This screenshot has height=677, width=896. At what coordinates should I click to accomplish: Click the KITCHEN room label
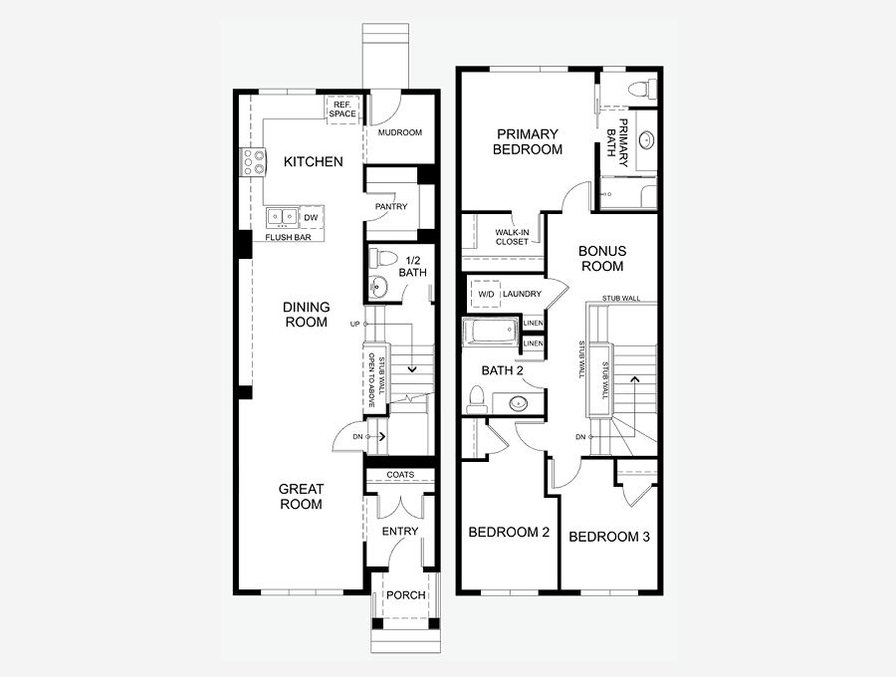(x=314, y=161)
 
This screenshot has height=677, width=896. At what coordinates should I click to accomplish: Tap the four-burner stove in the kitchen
(x=253, y=161)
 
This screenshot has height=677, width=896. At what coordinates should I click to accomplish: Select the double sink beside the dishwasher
(x=283, y=217)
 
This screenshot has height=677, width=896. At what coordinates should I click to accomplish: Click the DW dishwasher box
(x=311, y=218)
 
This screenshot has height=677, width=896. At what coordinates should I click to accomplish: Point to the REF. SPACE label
(x=342, y=110)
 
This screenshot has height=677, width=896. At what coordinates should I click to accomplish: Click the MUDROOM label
(x=400, y=132)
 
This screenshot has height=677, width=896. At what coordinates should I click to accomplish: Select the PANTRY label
(x=391, y=206)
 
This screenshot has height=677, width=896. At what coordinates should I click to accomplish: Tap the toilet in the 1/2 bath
(x=383, y=258)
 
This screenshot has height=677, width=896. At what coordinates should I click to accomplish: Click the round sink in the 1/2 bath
(x=377, y=285)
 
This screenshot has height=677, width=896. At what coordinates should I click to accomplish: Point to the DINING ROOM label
(x=307, y=315)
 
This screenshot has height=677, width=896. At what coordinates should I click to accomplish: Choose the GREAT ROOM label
(x=301, y=497)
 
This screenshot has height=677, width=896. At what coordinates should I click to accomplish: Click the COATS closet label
(x=400, y=475)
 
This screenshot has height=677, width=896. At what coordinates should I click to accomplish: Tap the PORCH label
(x=406, y=594)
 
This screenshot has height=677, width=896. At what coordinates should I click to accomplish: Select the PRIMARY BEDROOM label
(x=528, y=141)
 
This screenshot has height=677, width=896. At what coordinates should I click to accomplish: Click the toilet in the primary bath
(x=641, y=90)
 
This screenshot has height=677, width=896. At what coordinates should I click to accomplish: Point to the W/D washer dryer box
(x=486, y=295)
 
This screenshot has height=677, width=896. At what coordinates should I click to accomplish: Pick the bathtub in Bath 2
(x=491, y=332)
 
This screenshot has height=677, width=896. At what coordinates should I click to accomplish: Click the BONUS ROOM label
(x=602, y=258)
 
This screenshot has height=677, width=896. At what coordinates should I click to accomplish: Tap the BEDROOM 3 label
(x=609, y=537)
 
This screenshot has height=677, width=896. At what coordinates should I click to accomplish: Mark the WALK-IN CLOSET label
(x=512, y=237)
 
